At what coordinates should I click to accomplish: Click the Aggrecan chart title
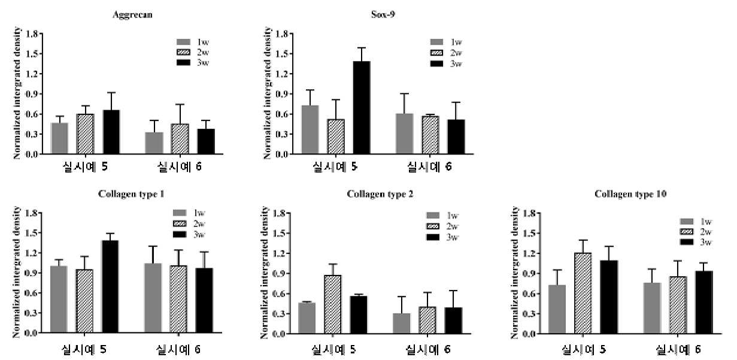point(132,15)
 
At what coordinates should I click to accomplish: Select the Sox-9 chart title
point(383,14)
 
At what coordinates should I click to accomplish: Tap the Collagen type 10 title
point(630,194)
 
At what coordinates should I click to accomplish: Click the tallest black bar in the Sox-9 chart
point(362,108)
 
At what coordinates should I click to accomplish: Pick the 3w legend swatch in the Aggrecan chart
point(183,62)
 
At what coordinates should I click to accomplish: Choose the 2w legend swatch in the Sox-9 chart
point(436,53)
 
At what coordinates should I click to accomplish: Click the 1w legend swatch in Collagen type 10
point(687,222)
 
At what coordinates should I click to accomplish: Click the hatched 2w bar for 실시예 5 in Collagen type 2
point(333,304)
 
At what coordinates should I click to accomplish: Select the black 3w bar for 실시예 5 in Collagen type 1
point(110,286)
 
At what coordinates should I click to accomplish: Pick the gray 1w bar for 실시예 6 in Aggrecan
point(154,143)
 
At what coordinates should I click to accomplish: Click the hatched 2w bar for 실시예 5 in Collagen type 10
point(583,293)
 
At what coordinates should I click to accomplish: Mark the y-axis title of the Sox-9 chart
point(268,93)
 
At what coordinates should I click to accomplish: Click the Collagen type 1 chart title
point(131,194)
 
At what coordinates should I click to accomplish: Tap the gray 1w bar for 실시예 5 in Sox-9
point(310,129)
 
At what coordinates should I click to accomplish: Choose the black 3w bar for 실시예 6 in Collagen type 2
point(453,320)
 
